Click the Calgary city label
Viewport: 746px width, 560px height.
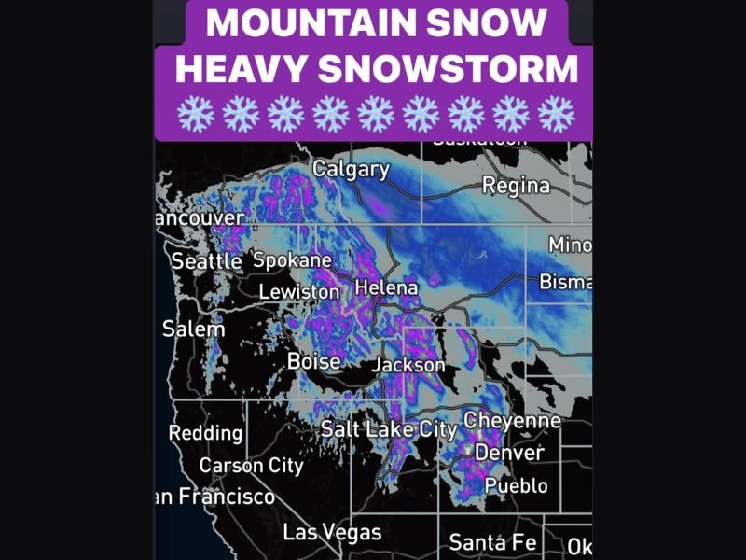(x=351, y=169)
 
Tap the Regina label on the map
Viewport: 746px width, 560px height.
(x=516, y=186)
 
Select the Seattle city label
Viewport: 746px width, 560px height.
(x=206, y=262)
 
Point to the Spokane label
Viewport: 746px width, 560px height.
(x=292, y=260)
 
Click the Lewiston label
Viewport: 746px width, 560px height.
(x=298, y=292)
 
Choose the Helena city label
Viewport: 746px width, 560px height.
(x=386, y=287)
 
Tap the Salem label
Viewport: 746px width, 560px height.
(x=193, y=329)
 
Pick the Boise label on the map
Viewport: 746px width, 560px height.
(x=313, y=360)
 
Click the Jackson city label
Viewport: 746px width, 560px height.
(x=408, y=365)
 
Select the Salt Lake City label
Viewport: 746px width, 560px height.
(x=388, y=429)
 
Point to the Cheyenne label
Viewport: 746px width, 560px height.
(x=512, y=421)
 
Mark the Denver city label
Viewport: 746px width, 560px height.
(x=508, y=453)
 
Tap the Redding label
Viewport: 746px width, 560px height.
(x=205, y=433)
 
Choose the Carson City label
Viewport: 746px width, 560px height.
(x=251, y=465)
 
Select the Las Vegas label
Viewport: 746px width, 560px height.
(x=332, y=533)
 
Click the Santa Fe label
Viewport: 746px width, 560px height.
(x=491, y=541)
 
